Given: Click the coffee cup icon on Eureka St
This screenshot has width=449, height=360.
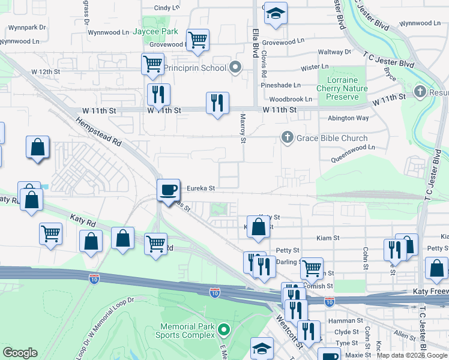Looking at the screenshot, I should (169, 190).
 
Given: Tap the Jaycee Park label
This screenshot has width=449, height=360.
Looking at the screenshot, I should (155, 31).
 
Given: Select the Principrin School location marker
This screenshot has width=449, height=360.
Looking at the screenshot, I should (235, 67).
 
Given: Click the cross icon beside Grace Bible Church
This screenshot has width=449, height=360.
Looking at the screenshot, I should (288, 138).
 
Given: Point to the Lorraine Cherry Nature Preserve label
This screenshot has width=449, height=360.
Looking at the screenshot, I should (342, 88).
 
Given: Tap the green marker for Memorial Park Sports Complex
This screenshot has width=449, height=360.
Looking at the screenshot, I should (224, 329).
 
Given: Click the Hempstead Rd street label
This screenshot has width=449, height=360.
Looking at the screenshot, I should (98, 133).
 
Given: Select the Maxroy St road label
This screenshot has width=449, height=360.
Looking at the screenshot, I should (243, 129).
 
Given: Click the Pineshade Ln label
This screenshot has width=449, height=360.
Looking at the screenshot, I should (280, 85).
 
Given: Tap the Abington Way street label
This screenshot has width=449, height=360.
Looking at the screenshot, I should (348, 118).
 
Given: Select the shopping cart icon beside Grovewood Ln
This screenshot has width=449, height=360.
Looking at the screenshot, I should (197, 40).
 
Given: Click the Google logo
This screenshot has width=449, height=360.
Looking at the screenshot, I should (20, 353).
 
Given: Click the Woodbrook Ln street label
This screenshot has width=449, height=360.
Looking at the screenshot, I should (291, 99).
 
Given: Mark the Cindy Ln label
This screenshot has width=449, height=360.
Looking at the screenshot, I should (166, 8).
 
